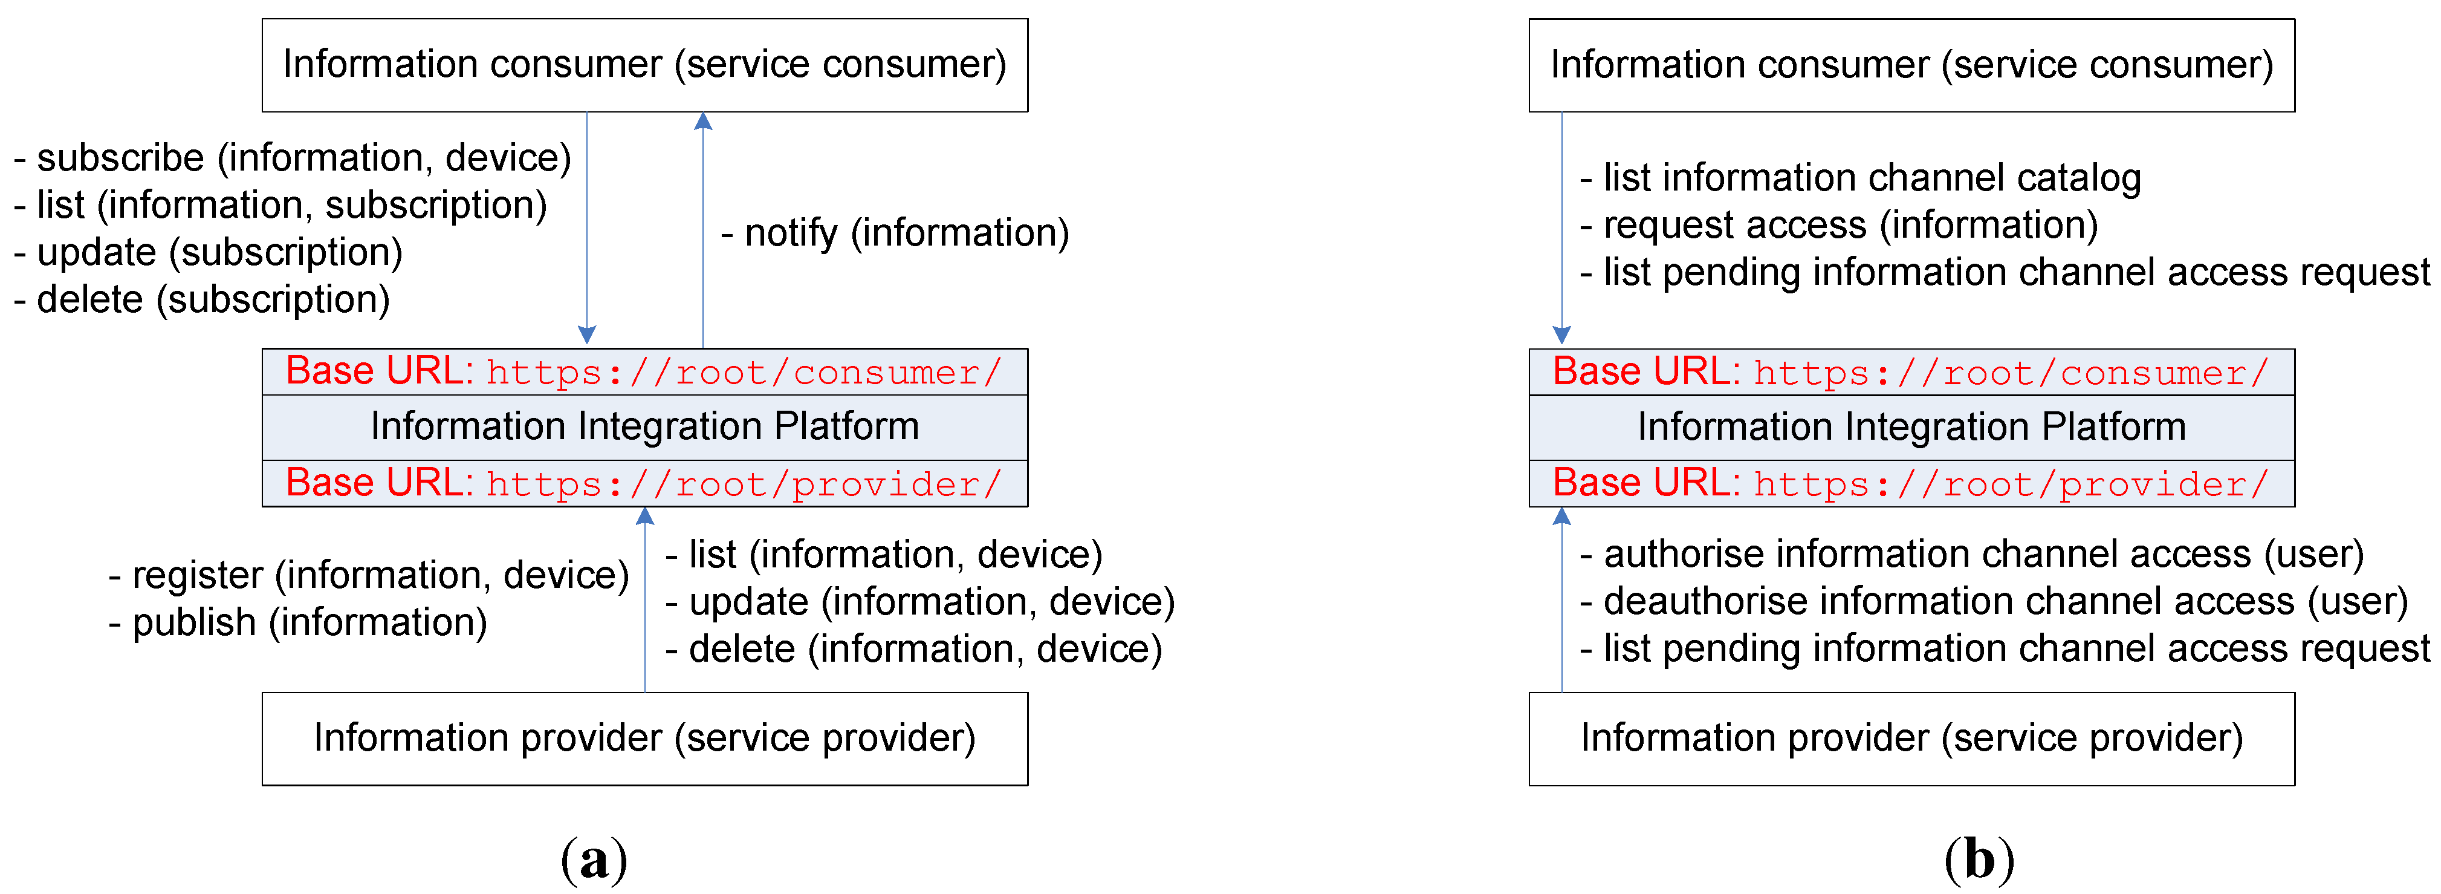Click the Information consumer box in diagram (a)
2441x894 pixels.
[644, 65]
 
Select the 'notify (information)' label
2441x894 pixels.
[895, 233]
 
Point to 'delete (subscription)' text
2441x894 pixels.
[203, 299]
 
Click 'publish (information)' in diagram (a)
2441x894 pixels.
[299, 623]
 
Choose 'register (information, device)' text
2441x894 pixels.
[369, 575]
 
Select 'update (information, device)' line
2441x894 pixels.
[920, 602]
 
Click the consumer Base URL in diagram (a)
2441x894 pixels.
[644, 371]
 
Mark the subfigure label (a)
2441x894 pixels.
[594, 859]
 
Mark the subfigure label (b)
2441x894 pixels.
[1979, 859]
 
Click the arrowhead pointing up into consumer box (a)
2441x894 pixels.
[703, 120]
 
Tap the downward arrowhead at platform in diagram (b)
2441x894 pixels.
[1561, 336]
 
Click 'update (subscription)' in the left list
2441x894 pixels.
[209, 252]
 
